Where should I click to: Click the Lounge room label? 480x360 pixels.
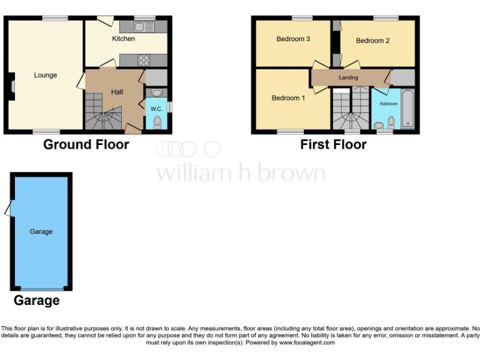point(46,75)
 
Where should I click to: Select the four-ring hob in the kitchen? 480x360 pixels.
point(143,61)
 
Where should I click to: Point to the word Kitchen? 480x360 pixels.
point(123,39)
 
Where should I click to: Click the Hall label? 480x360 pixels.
point(117,92)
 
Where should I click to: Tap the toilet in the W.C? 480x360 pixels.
point(157,121)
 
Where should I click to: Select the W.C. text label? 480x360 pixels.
point(156,109)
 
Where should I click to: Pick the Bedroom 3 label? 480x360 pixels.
point(293,39)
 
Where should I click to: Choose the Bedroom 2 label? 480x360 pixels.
point(372,41)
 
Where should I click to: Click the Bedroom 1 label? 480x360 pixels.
point(288,98)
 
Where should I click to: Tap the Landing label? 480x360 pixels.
point(348,77)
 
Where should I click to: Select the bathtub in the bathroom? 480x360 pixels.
point(407,110)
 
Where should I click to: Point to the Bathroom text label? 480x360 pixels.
point(388,104)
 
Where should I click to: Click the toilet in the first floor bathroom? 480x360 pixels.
point(391,121)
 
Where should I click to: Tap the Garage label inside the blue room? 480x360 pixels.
point(41,231)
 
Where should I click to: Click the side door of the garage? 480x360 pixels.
point(7,209)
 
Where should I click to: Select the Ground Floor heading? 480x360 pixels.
point(86,144)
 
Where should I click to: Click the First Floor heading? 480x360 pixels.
point(333,144)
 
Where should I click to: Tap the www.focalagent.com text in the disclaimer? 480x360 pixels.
point(306,342)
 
